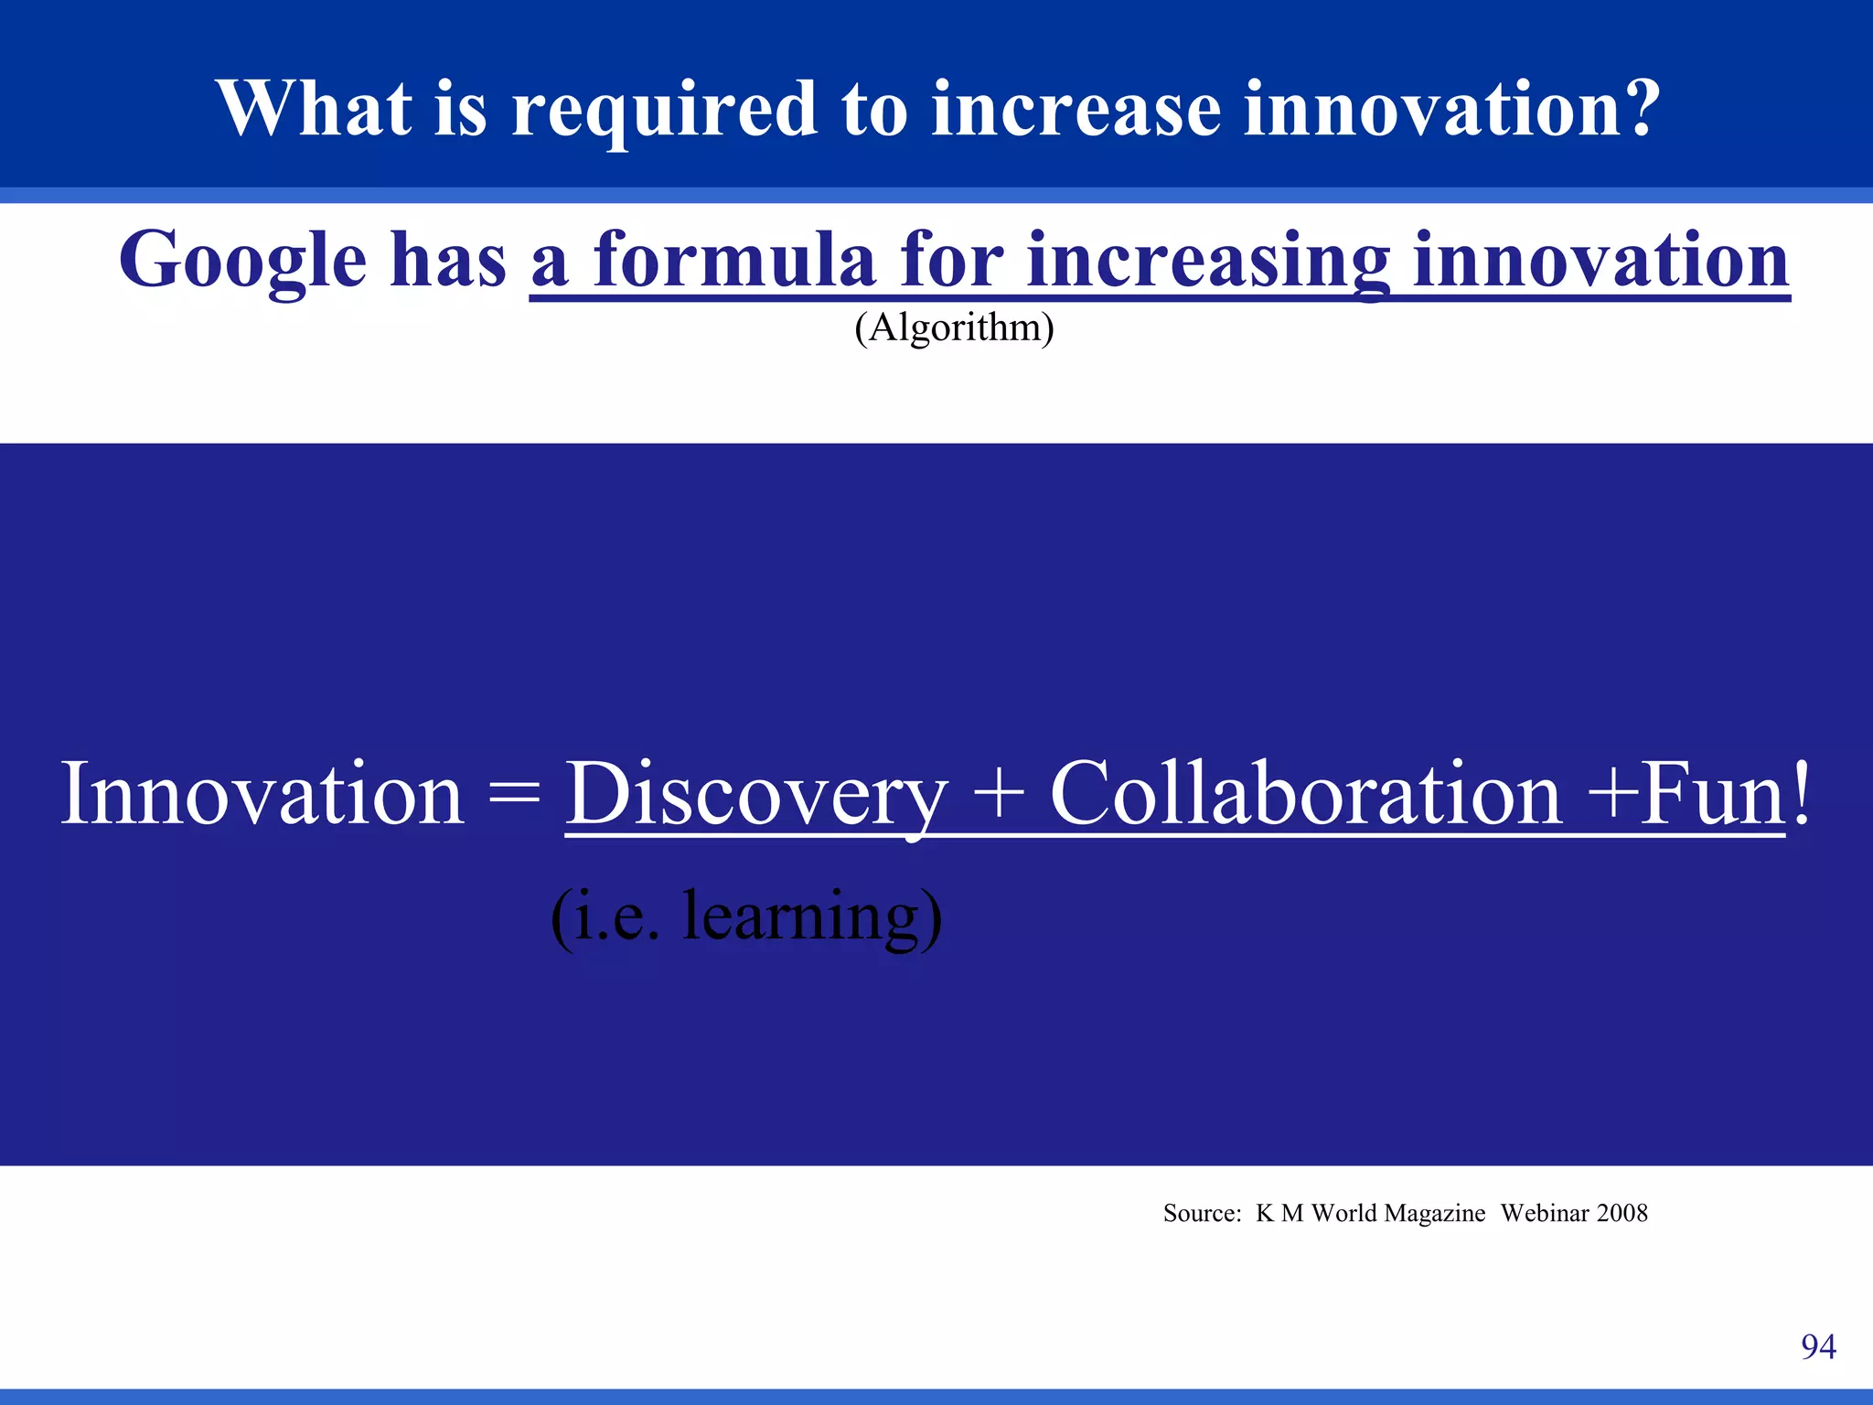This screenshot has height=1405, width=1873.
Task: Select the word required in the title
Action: coord(663,110)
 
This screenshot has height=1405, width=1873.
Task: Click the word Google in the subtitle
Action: coord(242,262)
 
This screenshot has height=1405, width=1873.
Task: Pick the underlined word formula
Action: coord(735,260)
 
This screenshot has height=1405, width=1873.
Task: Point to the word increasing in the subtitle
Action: coord(1208,262)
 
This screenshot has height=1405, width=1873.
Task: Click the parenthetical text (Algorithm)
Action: coord(954,327)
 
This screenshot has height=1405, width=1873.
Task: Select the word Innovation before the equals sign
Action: coord(262,794)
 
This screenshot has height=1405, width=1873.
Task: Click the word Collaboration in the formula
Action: coord(1305,794)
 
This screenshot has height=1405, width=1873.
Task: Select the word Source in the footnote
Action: coord(1200,1214)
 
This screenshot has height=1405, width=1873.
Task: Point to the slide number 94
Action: coord(1818,1346)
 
